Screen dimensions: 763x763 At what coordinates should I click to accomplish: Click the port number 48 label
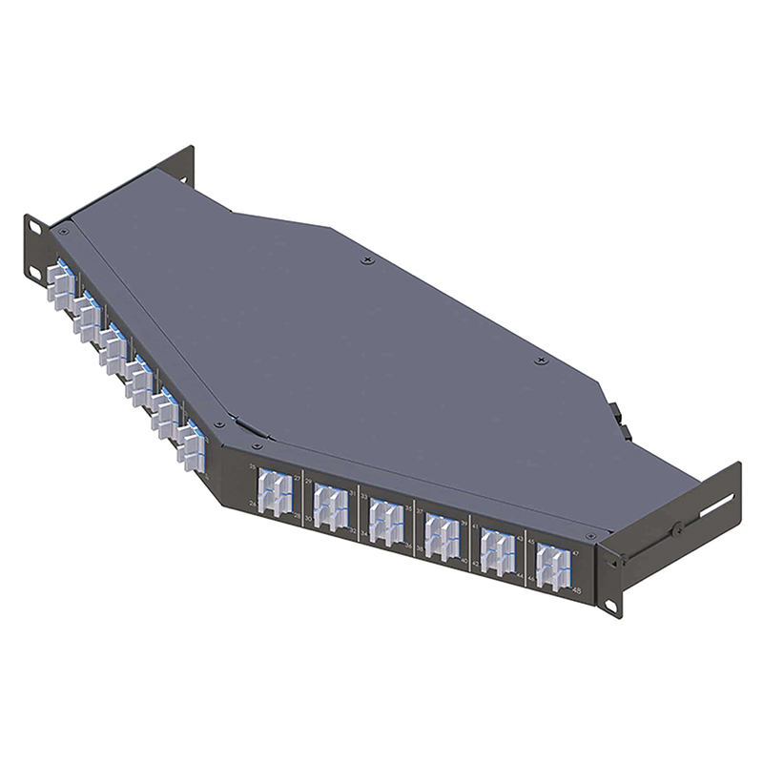click(x=577, y=591)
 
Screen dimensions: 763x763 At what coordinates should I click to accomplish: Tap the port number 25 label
click(x=253, y=466)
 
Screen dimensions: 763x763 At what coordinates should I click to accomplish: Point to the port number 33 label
click(x=363, y=496)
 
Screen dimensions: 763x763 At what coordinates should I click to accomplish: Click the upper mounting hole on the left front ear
click(x=33, y=225)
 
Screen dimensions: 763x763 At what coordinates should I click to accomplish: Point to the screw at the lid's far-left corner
click(x=64, y=231)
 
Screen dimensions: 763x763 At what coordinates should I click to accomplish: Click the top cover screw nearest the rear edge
click(x=367, y=259)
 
